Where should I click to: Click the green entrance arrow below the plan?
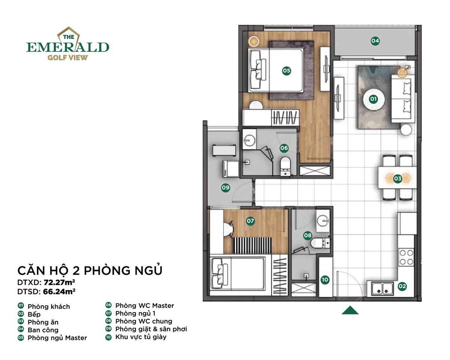coord(350,310)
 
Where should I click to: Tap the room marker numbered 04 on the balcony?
coord(375,41)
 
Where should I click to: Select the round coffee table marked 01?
coord(373,99)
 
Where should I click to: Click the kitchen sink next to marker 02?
coord(382,288)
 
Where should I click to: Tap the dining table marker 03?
coord(397,179)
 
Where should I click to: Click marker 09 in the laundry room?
coord(225,188)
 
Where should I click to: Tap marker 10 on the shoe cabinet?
coord(325,279)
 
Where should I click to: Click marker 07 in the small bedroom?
coord(250,221)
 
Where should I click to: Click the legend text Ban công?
coord(43,330)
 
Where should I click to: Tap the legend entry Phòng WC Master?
coord(144,306)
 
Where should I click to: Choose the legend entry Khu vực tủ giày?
coord(141,337)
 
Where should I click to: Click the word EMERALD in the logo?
coord(68,47)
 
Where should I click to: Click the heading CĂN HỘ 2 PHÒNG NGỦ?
coord(90,270)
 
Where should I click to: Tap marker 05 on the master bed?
coord(287,70)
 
